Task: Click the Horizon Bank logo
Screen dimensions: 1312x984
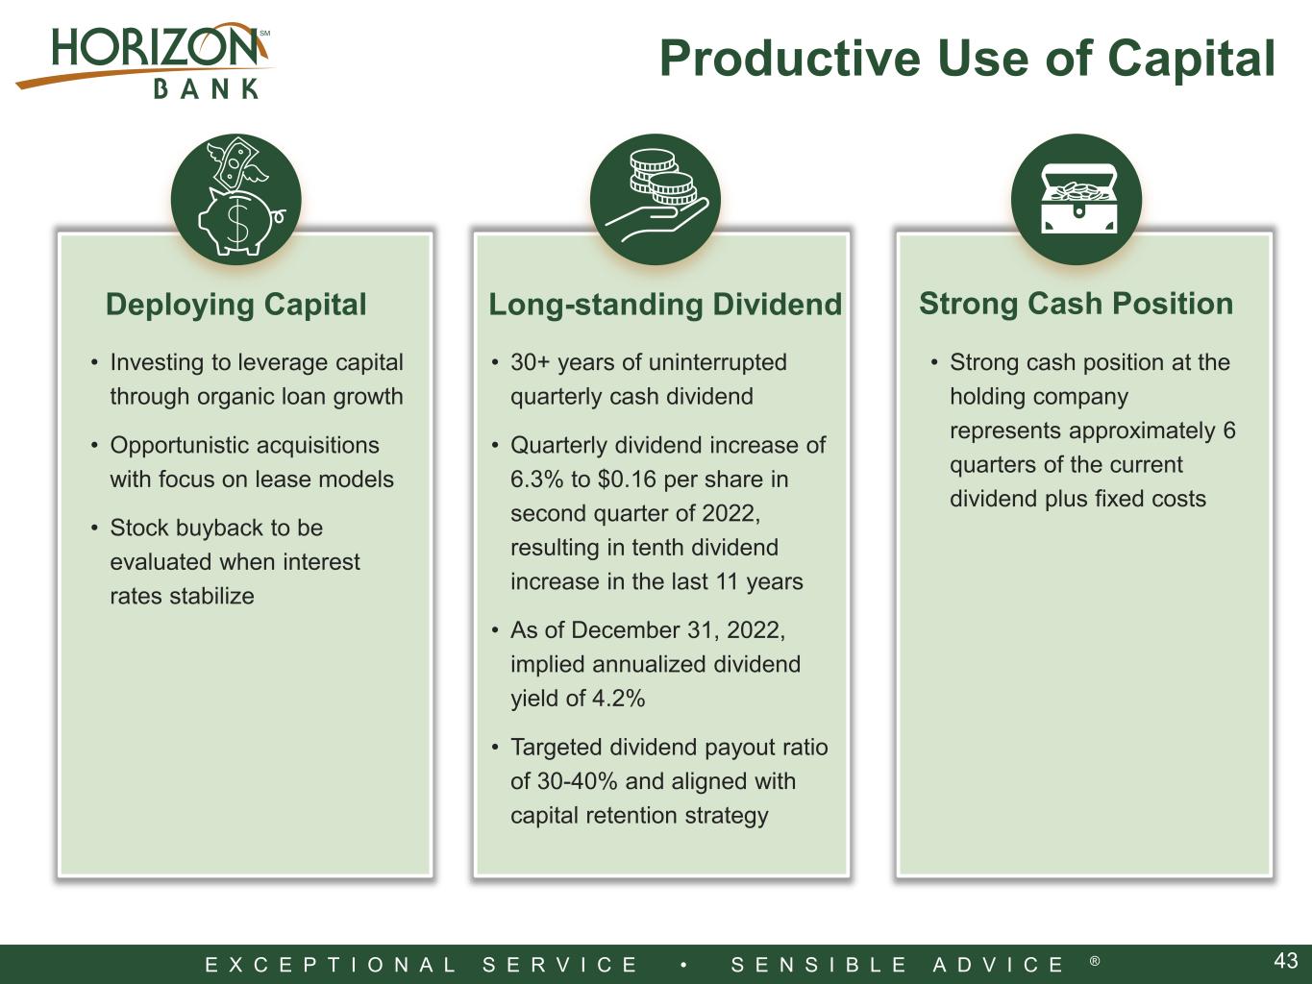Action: tap(144, 61)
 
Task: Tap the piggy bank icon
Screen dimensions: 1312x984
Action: tap(236, 200)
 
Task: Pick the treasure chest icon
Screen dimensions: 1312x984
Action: tap(1077, 200)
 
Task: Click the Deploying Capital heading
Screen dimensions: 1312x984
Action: tap(236, 305)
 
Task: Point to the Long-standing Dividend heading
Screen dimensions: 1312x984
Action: tap(665, 305)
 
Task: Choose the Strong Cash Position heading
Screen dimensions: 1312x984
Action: tap(1077, 304)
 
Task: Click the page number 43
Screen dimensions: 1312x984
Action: tap(1286, 961)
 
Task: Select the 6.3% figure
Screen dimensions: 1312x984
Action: tap(536, 480)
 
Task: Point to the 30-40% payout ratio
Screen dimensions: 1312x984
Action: tap(577, 781)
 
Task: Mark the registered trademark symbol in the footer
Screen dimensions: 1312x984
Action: tap(1095, 961)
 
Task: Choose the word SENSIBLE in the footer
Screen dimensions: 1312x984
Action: tap(819, 965)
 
